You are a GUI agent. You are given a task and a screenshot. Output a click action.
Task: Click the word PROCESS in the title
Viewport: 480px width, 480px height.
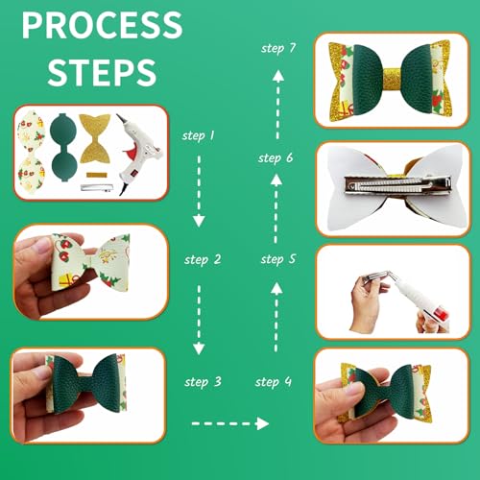(101, 25)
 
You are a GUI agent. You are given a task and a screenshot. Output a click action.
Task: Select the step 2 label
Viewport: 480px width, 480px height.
(203, 259)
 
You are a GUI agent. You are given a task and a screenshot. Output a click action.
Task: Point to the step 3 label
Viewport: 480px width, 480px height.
(203, 381)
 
